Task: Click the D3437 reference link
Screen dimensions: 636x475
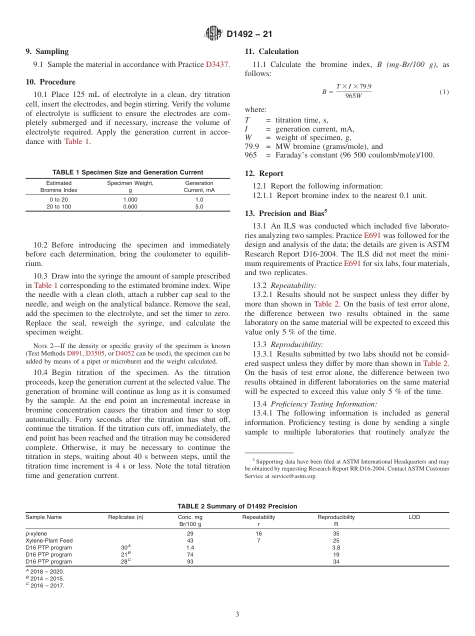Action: [217, 64]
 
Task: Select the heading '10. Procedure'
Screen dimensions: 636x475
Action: [50, 82]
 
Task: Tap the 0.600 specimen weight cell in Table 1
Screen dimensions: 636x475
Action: [130, 206]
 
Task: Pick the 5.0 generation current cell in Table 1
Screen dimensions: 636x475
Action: [199, 206]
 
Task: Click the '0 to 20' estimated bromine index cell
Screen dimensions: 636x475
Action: [59, 199]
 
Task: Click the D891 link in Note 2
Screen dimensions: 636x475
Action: [74, 353]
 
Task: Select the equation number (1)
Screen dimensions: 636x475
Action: [444, 92]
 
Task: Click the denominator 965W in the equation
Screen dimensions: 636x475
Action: [353, 96]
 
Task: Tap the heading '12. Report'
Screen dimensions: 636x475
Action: [264, 173]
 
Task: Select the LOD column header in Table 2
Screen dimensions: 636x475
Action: [414, 517]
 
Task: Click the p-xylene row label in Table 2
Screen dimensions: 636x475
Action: [36, 533]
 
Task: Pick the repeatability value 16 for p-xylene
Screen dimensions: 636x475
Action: [258, 533]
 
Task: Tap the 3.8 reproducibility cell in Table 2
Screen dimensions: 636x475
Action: [336, 547]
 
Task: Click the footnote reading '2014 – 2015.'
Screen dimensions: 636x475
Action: [46, 578]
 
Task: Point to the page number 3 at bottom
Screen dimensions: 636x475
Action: [237, 614]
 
